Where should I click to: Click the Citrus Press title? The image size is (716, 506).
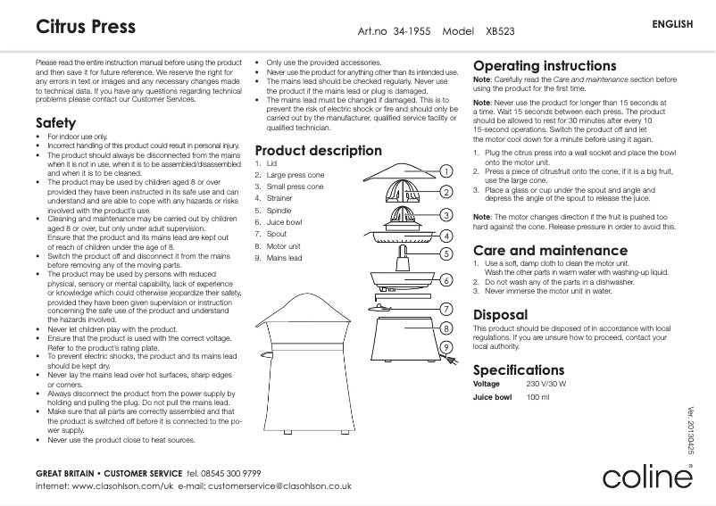pos(86,27)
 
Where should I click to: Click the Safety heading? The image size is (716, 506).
pos(55,122)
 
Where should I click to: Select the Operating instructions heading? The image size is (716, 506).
pos(544,66)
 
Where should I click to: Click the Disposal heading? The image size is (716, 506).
pos(500,315)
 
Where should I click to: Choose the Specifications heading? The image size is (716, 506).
pos(519,369)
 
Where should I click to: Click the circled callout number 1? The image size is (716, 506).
pos(444,171)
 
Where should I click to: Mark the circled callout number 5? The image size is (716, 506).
pos(444,253)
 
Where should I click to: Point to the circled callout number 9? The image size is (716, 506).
pos(444,346)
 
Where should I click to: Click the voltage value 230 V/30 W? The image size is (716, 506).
pos(546,384)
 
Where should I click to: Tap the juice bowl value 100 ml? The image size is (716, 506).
pos(538,398)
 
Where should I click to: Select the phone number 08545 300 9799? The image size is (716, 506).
pos(223,471)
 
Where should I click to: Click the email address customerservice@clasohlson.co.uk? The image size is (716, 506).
pos(279,486)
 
